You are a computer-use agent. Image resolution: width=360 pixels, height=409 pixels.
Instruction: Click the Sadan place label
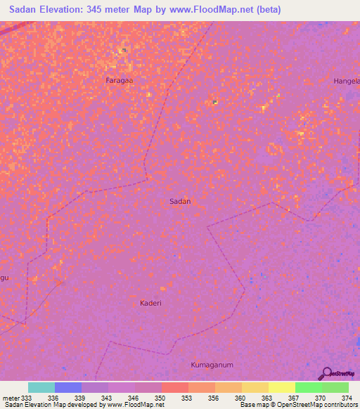180,201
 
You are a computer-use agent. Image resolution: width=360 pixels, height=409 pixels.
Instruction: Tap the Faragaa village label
119,80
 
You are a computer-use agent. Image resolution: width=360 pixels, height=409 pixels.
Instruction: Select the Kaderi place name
150,303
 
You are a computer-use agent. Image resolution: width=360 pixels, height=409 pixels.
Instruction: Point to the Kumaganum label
212,365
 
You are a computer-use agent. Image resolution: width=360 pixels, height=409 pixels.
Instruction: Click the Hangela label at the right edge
347,81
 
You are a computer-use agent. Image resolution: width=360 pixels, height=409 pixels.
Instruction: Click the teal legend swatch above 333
41,387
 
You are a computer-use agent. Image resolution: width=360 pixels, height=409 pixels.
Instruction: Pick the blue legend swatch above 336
68,387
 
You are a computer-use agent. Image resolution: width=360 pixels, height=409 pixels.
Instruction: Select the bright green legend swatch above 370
308,387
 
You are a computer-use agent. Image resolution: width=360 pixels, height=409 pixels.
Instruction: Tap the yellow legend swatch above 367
281,387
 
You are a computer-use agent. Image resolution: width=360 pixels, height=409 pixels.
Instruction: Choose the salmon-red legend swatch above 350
174,387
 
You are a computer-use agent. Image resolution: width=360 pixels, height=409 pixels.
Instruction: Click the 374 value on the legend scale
347,398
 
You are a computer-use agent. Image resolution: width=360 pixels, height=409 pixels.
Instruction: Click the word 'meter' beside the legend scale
11,398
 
